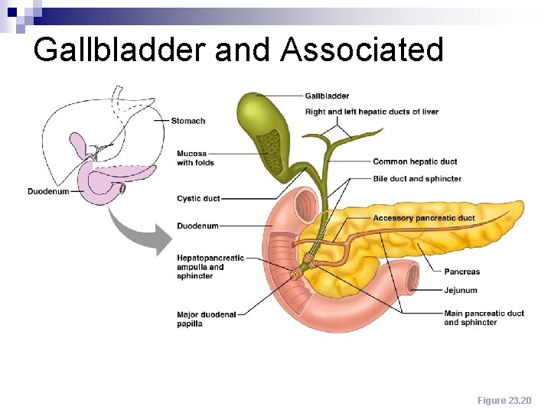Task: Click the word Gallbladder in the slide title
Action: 120,50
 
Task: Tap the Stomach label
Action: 187,121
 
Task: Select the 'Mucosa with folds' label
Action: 195,158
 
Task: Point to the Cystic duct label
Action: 198,199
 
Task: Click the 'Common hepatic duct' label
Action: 415,162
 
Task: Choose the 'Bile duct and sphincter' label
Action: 417,179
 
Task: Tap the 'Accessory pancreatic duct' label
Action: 423,219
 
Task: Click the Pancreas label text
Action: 462,272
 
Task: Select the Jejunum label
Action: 461,291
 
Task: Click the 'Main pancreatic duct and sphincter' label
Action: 484,317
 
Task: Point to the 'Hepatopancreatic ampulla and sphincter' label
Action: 210,267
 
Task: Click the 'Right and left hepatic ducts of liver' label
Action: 371,112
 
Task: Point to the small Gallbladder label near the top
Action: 327,96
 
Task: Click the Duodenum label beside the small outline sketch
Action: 48,191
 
